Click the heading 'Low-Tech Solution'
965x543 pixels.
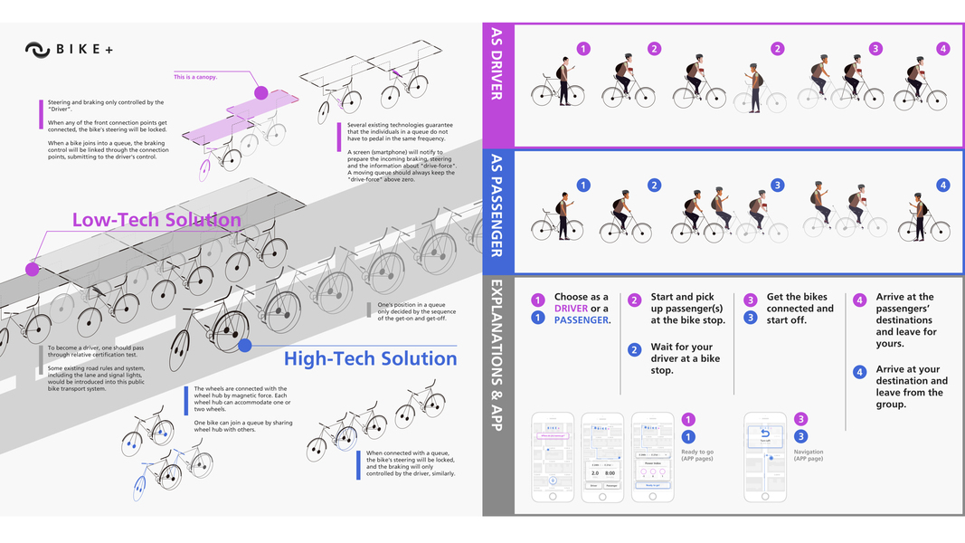156,220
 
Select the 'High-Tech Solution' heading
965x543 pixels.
370,358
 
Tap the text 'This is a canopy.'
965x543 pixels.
195,77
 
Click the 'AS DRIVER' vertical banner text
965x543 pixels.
497,63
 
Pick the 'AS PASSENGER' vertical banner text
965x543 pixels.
497,206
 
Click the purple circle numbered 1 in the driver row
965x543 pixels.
583,49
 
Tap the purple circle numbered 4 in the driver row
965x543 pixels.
943,49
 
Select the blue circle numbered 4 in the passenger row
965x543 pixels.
943,186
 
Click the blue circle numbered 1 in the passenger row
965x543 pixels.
583,186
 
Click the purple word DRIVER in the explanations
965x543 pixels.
571,309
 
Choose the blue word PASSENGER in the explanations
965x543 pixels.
582,320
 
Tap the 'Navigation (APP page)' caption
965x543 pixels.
809,455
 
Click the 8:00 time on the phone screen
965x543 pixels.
610,472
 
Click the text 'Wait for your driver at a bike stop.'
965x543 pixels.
682,358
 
